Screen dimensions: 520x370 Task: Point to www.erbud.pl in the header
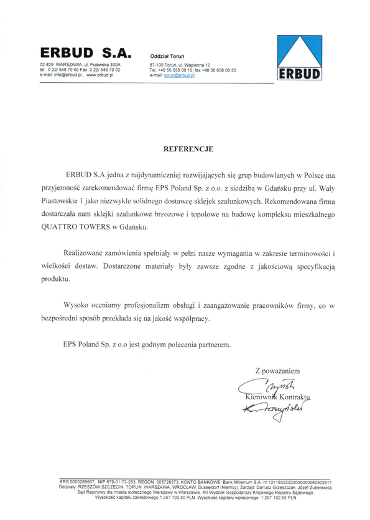pyautogui.click(x=108, y=75)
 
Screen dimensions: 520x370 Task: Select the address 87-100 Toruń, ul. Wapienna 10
pyautogui.click(x=180, y=65)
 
